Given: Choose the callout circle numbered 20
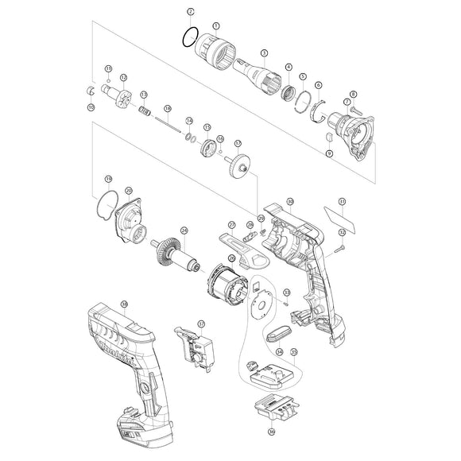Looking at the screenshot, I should [x=129, y=190].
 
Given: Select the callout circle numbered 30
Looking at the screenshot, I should [x=291, y=202].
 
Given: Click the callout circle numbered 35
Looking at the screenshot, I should [x=294, y=351].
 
